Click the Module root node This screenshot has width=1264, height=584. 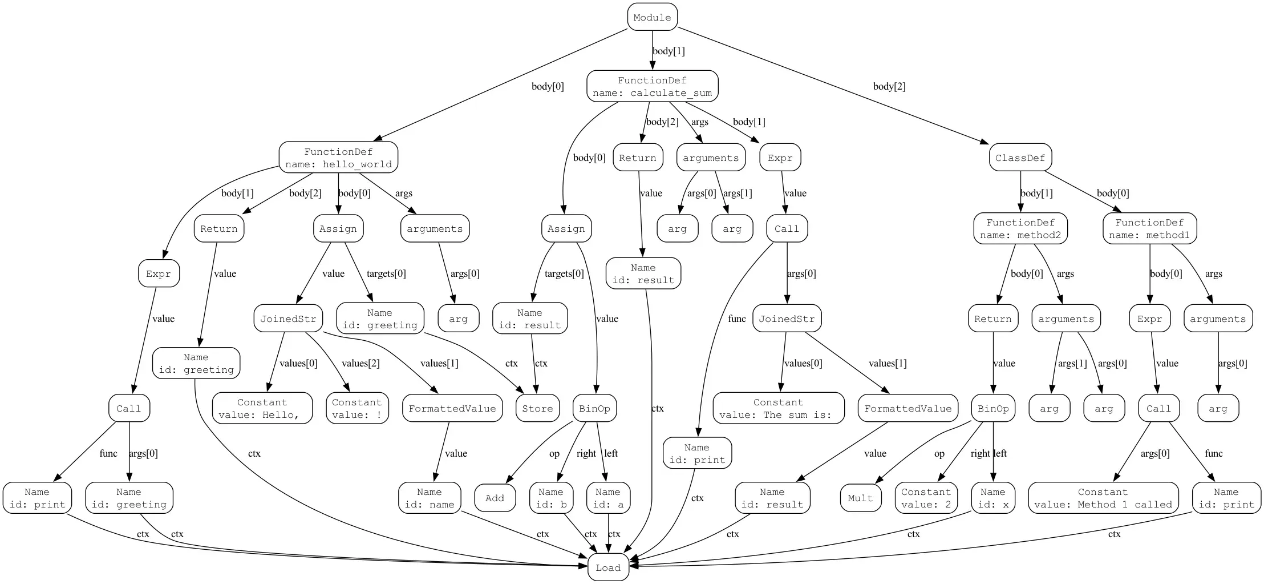(x=652, y=17)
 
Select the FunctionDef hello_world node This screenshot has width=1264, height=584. (x=338, y=158)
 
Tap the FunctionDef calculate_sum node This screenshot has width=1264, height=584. (x=652, y=86)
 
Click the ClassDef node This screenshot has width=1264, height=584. (x=1020, y=158)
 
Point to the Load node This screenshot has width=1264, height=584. (x=607, y=567)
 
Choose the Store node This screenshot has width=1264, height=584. (x=537, y=408)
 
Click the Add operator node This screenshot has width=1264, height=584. (x=495, y=498)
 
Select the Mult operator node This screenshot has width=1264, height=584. (x=860, y=498)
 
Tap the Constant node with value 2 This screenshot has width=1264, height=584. (x=926, y=498)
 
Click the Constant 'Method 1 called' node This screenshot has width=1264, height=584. (x=1103, y=498)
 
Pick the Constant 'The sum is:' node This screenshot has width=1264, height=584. (x=778, y=408)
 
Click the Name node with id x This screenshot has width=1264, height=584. (x=993, y=498)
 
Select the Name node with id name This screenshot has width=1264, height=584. (x=429, y=498)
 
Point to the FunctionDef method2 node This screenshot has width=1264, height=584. (x=1020, y=228)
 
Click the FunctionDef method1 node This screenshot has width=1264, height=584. (x=1149, y=228)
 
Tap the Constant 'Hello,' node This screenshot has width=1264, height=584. (x=262, y=408)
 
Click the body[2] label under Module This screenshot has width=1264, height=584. (x=889, y=86)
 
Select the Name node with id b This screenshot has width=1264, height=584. (x=550, y=498)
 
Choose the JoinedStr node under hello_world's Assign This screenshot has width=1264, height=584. (x=288, y=319)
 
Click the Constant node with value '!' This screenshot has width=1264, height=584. (x=356, y=408)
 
